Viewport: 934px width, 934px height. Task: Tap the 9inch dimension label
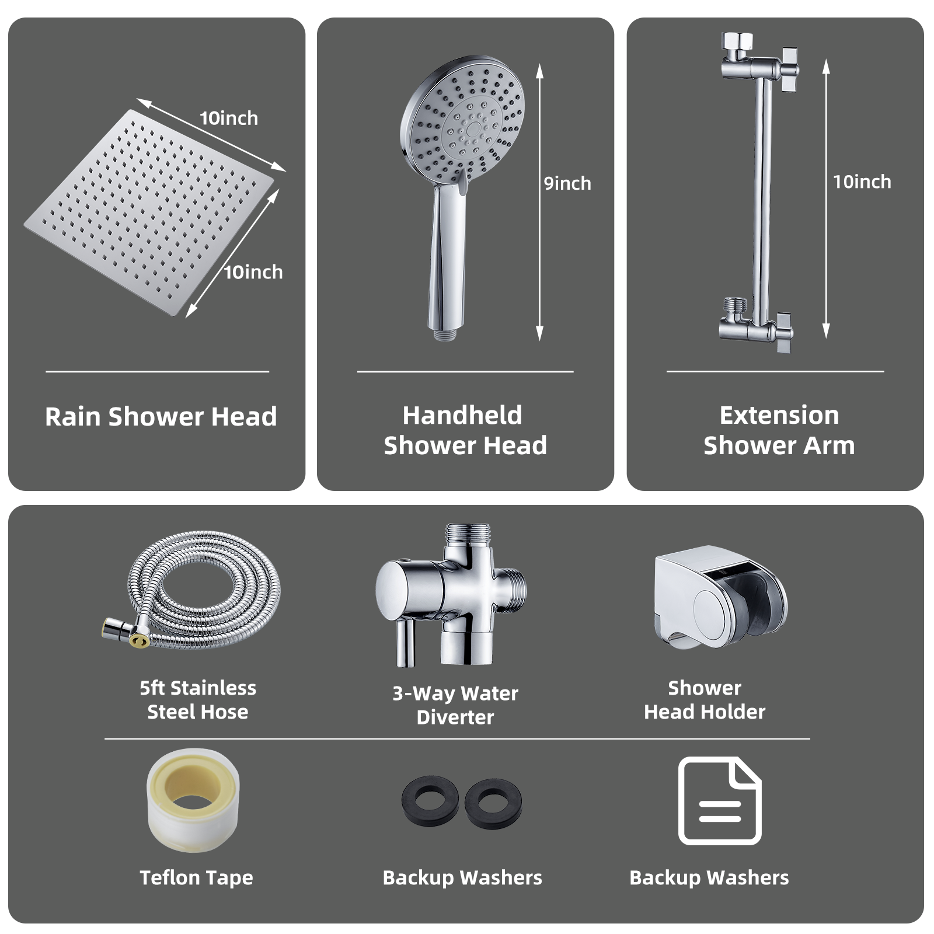click(567, 183)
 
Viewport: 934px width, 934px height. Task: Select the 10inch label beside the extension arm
click(862, 182)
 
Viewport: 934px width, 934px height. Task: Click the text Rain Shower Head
click(161, 417)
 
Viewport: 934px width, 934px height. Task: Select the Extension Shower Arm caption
click(779, 430)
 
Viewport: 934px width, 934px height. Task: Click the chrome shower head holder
click(720, 597)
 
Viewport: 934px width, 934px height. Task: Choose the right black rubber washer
click(493, 803)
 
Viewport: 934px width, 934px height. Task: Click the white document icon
click(720, 801)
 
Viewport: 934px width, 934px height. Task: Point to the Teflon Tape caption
click(196, 878)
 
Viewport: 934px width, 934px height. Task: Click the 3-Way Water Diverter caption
click(455, 705)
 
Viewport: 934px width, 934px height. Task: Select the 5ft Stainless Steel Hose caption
click(198, 700)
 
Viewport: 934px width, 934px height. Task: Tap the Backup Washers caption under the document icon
click(709, 878)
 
